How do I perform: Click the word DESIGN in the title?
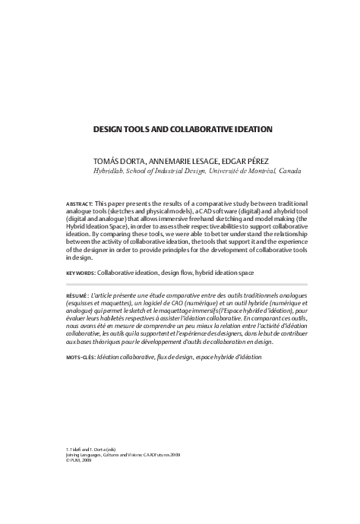point(110,129)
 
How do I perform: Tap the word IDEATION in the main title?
point(249,129)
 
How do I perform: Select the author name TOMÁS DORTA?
point(120,161)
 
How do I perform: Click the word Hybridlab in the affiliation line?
point(109,171)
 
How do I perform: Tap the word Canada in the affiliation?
point(289,171)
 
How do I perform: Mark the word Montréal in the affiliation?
point(251,171)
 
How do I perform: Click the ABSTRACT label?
point(80,205)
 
